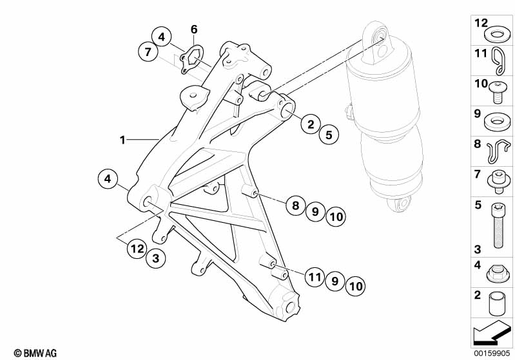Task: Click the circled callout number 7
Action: [148, 52]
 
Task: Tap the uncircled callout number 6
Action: [194, 29]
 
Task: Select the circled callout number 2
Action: [311, 124]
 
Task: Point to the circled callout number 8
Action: [296, 205]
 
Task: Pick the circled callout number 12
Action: [137, 249]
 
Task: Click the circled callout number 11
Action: [315, 278]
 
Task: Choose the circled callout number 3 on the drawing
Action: [156, 258]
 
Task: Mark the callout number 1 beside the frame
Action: [122, 140]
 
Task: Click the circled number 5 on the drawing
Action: [329, 135]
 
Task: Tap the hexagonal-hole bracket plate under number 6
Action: [192, 59]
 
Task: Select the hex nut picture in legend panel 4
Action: [498, 274]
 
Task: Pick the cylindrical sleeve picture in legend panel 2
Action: [496, 303]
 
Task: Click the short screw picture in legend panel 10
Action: [498, 91]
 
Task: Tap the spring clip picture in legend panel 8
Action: [499, 151]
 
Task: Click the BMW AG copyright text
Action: [35, 353]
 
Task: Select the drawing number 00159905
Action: [492, 353]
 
